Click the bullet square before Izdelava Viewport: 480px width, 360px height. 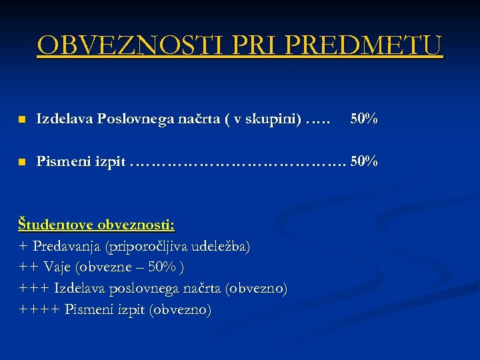(21, 120)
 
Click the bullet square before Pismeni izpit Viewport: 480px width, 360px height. (21, 161)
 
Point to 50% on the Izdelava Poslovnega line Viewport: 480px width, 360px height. (364, 119)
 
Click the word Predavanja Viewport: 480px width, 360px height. (67, 246)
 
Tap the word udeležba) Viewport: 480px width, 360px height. (221, 246)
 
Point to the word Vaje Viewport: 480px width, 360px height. (58, 267)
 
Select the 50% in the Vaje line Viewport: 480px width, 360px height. (162, 267)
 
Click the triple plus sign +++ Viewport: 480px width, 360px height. (33, 289)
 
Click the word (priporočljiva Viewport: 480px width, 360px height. (146, 246)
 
